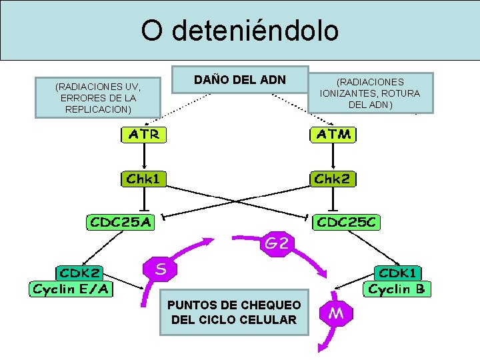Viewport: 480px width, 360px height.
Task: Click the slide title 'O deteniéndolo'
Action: pos(239,31)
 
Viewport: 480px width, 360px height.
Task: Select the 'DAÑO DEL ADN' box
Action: pos(240,80)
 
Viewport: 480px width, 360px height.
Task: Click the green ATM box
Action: pos(334,134)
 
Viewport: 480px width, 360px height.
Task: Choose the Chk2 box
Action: pos(334,178)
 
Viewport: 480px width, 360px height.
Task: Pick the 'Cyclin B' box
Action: pos(399,289)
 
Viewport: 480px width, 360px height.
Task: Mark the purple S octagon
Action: pos(161,269)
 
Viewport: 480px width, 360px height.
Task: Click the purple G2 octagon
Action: pos(277,244)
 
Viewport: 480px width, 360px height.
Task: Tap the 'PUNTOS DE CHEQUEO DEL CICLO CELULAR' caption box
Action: pos(234,312)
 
